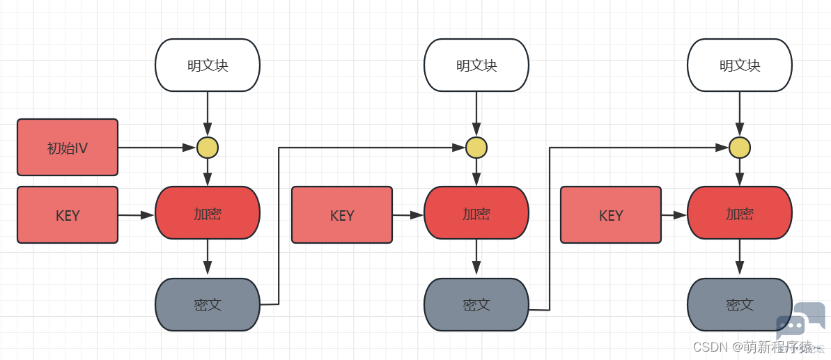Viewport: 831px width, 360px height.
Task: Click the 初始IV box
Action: (x=68, y=147)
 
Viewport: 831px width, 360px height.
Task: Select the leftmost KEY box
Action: (x=68, y=215)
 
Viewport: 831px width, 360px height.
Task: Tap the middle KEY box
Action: (x=342, y=215)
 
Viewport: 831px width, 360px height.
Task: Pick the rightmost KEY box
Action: (x=610, y=215)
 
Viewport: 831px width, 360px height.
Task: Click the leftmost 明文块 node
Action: (x=208, y=65)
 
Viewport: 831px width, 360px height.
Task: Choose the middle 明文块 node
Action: (x=476, y=65)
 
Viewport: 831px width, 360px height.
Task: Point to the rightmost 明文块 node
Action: (x=740, y=65)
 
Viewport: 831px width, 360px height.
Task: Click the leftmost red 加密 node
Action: (x=208, y=213)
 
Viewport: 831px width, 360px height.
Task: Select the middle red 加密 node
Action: (x=476, y=213)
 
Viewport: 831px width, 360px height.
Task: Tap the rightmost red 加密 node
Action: (x=740, y=213)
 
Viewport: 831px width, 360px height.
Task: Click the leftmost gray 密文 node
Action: (x=208, y=304)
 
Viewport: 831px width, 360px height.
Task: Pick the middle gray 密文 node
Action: (x=476, y=304)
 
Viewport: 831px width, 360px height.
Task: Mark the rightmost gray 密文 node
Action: (x=740, y=304)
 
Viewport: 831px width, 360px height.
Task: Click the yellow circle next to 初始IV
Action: (x=208, y=148)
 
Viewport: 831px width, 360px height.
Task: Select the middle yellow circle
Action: (x=476, y=148)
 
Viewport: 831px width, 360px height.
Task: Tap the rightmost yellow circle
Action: (x=740, y=148)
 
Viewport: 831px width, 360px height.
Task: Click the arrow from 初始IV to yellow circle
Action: (x=157, y=148)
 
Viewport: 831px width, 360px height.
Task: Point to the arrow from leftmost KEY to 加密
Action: (x=137, y=215)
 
